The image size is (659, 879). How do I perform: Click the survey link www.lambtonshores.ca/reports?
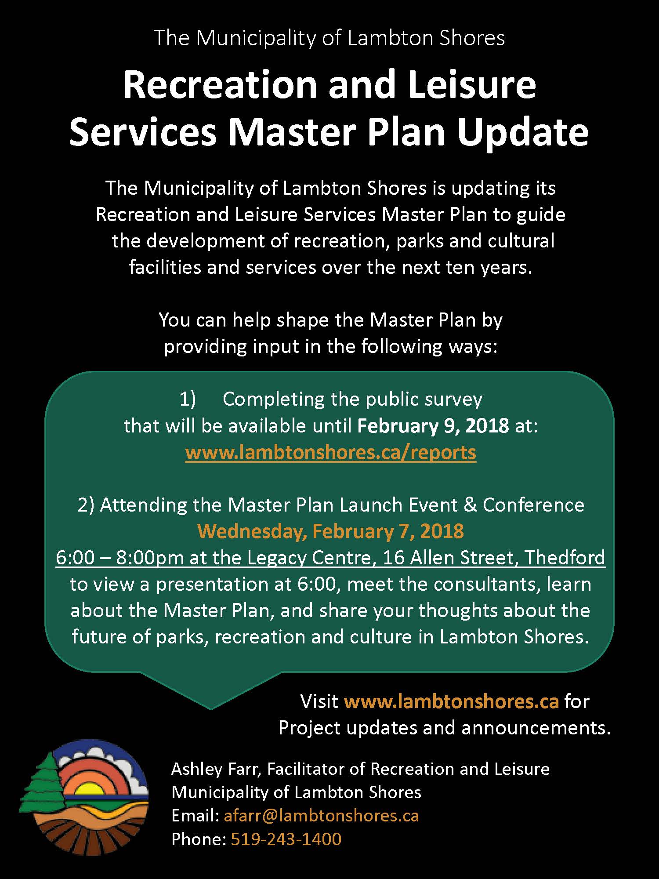pyautogui.click(x=331, y=452)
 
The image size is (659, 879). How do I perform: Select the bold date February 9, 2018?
pyautogui.click(x=433, y=426)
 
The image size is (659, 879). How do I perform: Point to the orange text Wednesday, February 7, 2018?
pyautogui.click(x=331, y=531)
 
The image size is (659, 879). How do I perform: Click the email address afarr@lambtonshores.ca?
pyautogui.click(x=321, y=816)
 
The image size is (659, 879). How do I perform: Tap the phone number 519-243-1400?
pyautogui.click(x=286, y=839)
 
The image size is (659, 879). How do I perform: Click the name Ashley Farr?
pyautogui.click(x=217, y=769)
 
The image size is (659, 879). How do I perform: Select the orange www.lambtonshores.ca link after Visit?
pyautogui.click(x=452, y=701)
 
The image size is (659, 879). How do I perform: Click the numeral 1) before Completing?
pyautogui.click(x=188, y=400)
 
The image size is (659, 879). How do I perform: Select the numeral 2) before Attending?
pyautogui.click(x=86, y=505)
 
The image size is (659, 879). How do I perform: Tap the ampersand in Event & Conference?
pyautogui.click(x=470, y=505)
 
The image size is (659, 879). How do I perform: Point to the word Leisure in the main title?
pyautogui.click(x=472, y=84)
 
